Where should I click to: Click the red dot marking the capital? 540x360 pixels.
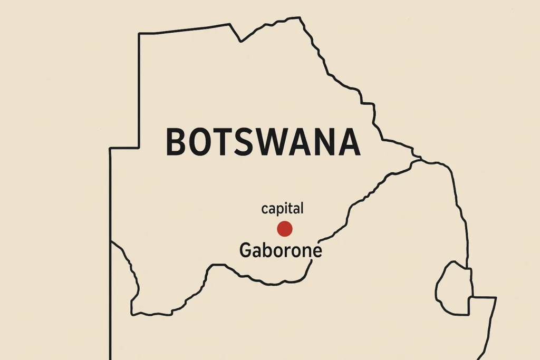coord(285,229)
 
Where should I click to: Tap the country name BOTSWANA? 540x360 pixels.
coord(263,142)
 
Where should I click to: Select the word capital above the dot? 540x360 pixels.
coord(283,209)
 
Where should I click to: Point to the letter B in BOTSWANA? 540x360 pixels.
coord(177,142)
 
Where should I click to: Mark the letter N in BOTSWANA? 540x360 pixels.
coord(326,142)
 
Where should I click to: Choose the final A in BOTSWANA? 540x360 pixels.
coord(350,142)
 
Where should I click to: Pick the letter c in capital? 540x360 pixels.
coord(265,209)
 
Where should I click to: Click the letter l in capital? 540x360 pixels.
coord(302,208)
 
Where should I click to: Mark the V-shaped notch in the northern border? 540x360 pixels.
coord(241,40)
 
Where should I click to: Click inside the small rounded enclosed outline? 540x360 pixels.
coord(452,288)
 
